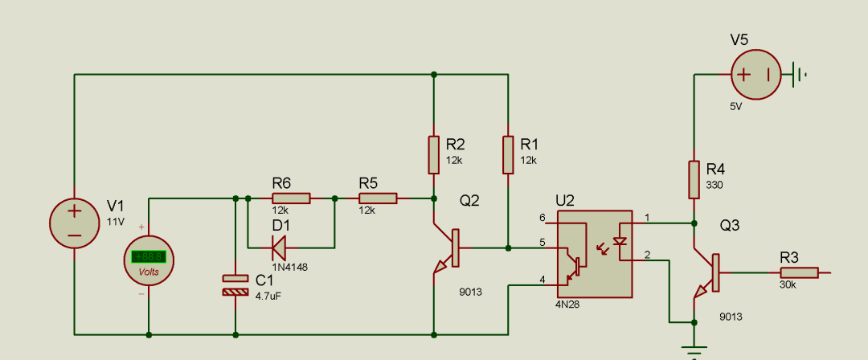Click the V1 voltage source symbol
point(75,223)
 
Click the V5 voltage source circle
point(756,74)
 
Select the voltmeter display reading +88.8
point(149,257)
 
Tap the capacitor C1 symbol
point(235,284)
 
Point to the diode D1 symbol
point(278,247)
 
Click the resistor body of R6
point(291,198)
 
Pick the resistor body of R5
point(378,198)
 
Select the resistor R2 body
point(434,154)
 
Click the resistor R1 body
point(508,154)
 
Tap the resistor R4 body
point(694,179)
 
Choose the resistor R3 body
point(800,272)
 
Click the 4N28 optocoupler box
point(595,254)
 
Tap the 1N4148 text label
point(289,267)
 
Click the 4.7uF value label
point(268,297)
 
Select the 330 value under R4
point(714,185)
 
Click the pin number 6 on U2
point(542,217)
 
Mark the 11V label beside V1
point(116,222)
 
